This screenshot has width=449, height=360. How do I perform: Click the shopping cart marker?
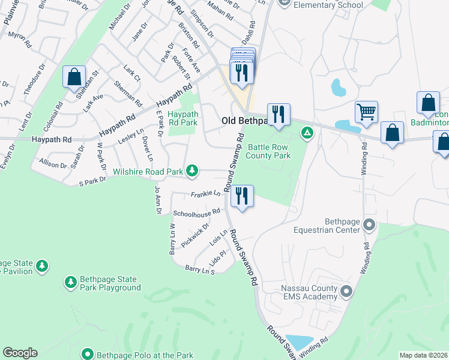click(366, 112)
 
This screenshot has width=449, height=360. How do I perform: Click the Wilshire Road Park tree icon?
click(192, 172)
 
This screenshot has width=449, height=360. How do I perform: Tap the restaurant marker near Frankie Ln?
click(242, 196)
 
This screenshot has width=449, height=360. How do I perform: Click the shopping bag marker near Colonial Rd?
click(74, 77)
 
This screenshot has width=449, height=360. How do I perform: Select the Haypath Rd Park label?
click(182, 118)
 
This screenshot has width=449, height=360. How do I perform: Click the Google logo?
click(20, 353)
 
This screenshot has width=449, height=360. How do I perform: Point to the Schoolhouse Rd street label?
click(197, 212)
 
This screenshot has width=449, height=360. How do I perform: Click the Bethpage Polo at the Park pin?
click(88, 354)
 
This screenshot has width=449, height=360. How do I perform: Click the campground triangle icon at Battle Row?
click(307, 132)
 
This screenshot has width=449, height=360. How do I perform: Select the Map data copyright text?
click(423, 355)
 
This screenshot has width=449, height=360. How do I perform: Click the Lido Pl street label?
click(218, 256)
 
